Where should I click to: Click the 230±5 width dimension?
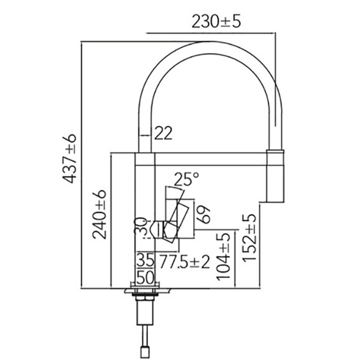pyautogui.click(x=216, y=21)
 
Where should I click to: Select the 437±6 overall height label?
pyautogui.click(x=69, y=159)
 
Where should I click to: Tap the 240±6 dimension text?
pyautogui.click(x=99, y=214)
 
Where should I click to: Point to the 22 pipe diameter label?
pyautogui.click(x=164, y=133)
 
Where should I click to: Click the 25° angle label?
pyautogui.click(x=186, y=179)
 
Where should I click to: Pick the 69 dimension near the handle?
pyautogui.click(x=204, y=214)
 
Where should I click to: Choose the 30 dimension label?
pyautogui.click(x=141, y=226)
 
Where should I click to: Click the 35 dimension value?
pyautogui.click(x=146, y=261)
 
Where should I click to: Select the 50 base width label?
pyautogui.click(x=146, y=277)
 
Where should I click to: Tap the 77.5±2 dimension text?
pyautogui.click(x=185, y=261)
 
